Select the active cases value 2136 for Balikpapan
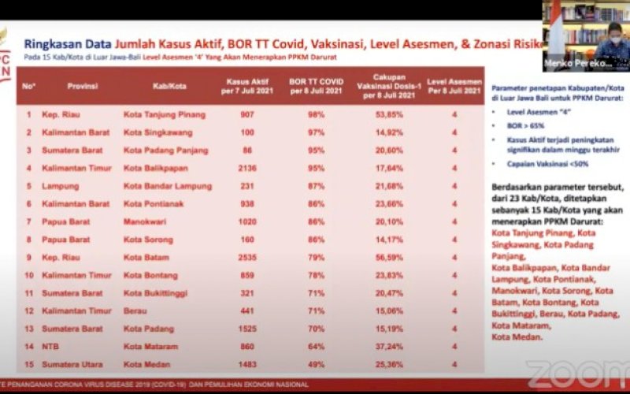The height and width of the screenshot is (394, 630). pos(247,168)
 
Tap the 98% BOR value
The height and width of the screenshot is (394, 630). pos(316,114)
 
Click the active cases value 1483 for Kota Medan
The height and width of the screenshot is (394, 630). pos(247,364)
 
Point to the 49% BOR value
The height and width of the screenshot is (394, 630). pos(316,364)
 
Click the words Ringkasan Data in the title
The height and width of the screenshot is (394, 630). pos(66,44)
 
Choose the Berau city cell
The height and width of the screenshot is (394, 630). pos(135,310)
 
